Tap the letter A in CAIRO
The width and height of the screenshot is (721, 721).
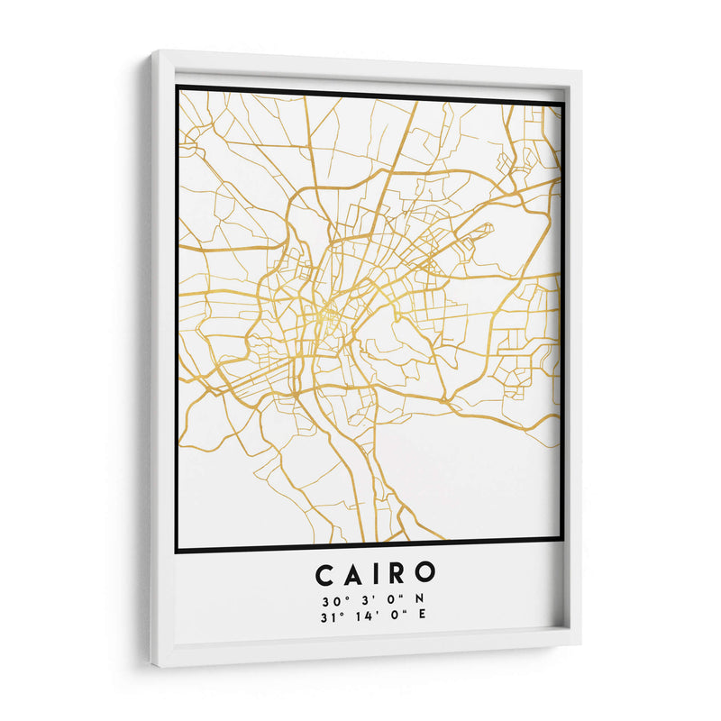[353, 573]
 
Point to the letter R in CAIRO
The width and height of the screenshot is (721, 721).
[397, 573]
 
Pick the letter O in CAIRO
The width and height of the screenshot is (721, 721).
[425, 573]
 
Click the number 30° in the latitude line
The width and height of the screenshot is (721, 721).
[328, 598]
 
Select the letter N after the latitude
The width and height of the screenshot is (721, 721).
[419, 598]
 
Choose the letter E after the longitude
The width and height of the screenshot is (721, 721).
[421, 616]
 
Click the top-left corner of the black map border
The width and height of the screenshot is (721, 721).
[177, 87]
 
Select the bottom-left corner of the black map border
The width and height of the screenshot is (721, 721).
[177, 550]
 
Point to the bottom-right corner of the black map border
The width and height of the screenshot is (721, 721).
[562, 540]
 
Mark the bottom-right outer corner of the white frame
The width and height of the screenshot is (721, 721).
[580, 643]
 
